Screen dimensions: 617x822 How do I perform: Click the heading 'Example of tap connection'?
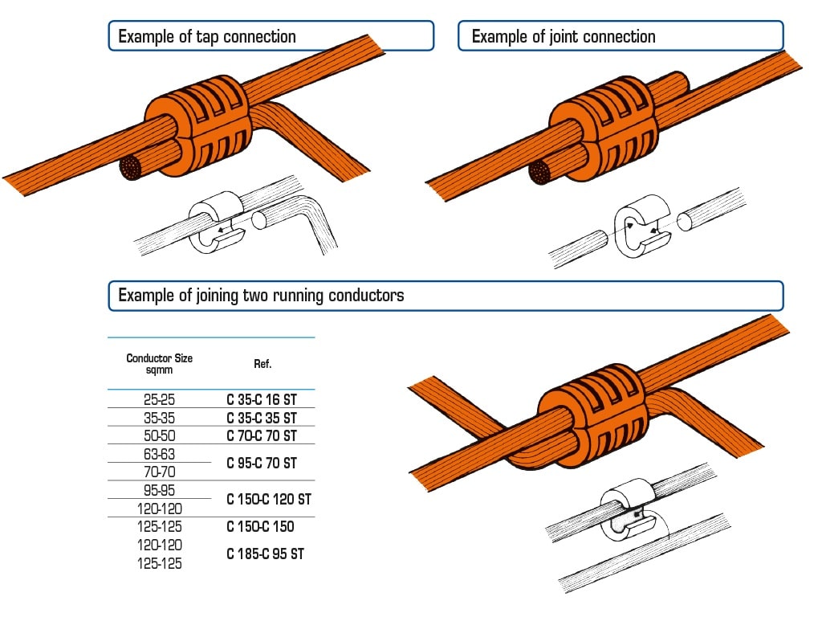pos(207,37)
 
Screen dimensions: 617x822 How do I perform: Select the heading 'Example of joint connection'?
pos(564,37)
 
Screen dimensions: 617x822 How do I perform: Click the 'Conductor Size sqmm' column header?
pos(159,364)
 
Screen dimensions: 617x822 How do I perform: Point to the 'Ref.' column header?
pos(262,364)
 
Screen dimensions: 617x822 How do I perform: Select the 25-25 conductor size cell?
pos(159,399)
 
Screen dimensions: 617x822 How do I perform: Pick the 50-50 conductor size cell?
pos(159,435)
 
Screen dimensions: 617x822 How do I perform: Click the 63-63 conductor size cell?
pos(159,454)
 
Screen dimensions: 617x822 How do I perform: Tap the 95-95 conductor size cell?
pos(159,490)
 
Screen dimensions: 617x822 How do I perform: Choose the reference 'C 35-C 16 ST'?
pos(262,399)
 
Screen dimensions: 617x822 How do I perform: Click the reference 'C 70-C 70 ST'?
pos(262,435)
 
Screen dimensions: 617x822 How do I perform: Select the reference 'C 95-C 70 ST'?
pos(262,463)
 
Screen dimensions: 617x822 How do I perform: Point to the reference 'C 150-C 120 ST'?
pos(268,499)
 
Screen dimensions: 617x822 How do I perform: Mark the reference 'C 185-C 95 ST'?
pos(265,554)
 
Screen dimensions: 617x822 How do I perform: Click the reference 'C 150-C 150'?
pos(260,527)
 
